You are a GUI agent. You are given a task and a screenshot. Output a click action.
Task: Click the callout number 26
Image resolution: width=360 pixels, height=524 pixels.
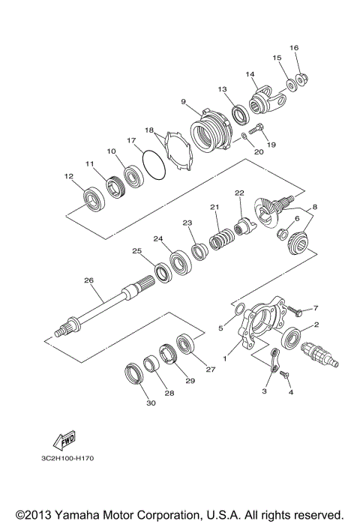pos(88,280)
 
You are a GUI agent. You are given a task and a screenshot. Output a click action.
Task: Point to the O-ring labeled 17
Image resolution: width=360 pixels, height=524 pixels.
pos(154,166)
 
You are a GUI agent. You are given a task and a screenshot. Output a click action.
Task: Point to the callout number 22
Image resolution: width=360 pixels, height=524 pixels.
pos(239,193)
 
